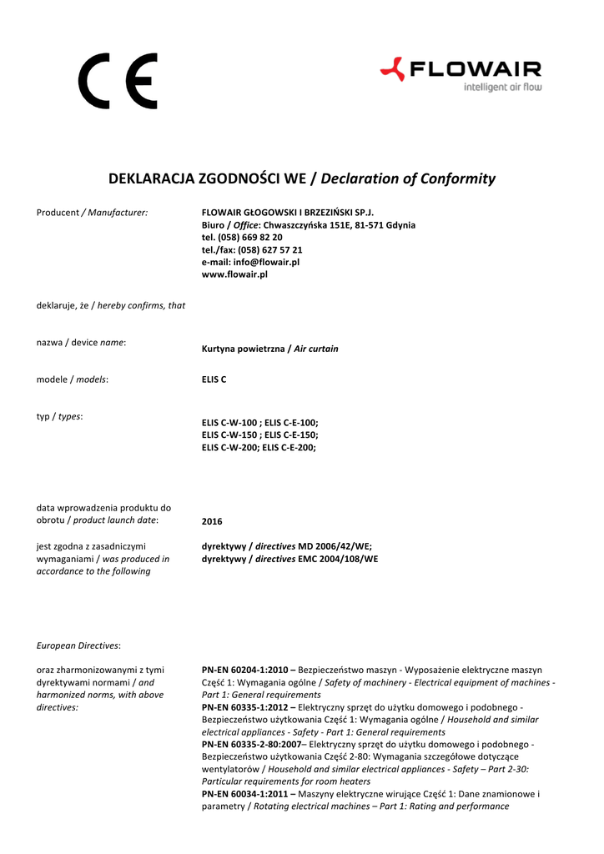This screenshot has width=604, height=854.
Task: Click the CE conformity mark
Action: pos(118,82)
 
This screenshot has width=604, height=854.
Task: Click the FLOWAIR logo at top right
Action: pos(460,69)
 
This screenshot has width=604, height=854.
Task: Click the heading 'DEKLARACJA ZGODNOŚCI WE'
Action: pos(208,178)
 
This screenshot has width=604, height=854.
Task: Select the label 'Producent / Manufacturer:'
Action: pos(92,213)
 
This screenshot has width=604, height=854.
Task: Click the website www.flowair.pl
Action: pos(234,274)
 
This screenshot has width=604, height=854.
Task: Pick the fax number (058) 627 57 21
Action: pos(270,249)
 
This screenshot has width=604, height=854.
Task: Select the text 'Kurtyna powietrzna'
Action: pos(243,349)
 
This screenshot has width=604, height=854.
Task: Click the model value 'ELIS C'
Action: pos(214,379)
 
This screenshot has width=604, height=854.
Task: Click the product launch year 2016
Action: pos(213,522)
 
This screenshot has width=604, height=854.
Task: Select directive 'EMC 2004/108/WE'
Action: pos(338,559)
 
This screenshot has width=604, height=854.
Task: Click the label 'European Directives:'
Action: pos(78,646)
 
